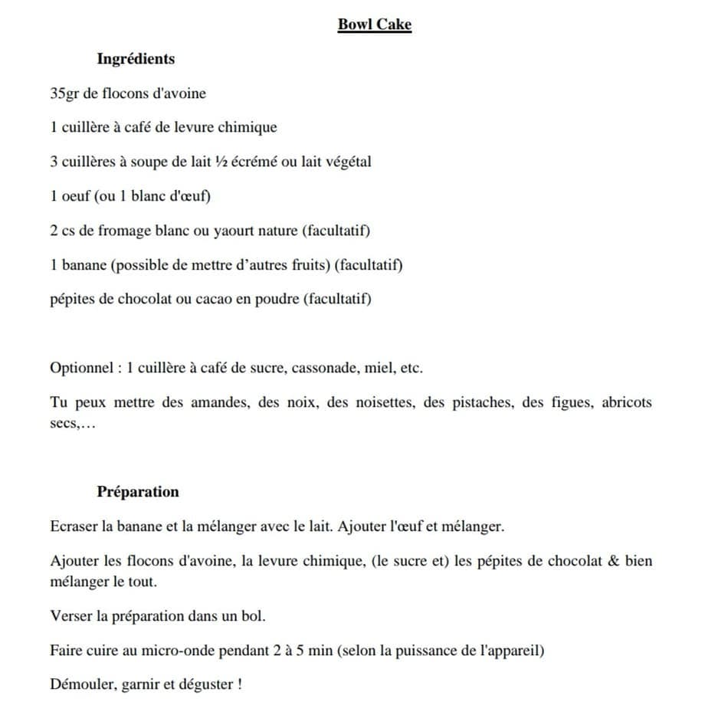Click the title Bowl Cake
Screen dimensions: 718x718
(x=375, y=25)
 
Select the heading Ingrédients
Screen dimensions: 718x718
(x=136, y=59)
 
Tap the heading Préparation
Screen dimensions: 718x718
(x=138, y=492)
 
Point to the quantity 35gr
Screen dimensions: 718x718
(x=64, y=93)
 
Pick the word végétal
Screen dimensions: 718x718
(x=346, y=162)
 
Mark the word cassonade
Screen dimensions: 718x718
(x=321, y=368)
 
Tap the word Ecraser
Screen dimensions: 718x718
(x=74, y=527)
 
